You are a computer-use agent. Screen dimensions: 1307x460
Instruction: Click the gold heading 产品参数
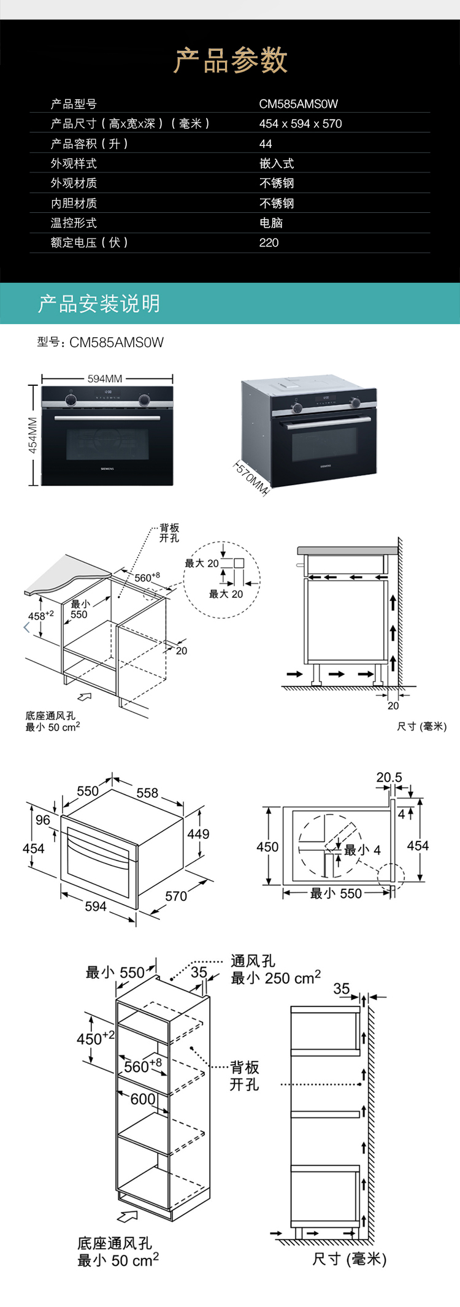(x=230, y=60)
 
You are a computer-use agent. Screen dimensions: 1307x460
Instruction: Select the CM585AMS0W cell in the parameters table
(x=298, y=104)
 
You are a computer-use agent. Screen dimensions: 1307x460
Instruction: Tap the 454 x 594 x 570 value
(x=300, y=124)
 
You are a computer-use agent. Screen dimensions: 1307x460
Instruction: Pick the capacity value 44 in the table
(x=266, y=144)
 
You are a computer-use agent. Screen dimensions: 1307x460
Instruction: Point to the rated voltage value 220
(x=269, y=243)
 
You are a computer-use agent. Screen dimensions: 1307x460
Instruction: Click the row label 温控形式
(x=74, y=223)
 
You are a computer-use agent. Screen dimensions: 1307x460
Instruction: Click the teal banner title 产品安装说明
(x=99, y=303)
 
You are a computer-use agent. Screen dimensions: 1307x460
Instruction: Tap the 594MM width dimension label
(x=105, y=378)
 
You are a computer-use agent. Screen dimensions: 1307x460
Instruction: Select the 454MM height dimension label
(x=33, y=435)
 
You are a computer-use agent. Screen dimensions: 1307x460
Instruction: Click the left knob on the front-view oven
(x=71, y=399)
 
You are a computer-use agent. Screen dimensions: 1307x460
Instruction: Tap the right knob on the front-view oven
(x=145, y=400)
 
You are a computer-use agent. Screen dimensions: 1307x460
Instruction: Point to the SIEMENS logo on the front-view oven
(x=107, y=468)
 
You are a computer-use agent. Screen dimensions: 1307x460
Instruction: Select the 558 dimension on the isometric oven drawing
(x=147, y=793)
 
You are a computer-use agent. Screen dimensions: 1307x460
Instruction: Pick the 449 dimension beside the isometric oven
(x=198, y=834)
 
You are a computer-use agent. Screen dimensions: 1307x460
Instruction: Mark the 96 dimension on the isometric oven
(x=43, y=820)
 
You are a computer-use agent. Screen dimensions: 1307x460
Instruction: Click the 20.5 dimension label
(x=389, y=778)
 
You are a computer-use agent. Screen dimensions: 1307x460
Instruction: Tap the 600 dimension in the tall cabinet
(x=143, y=1099)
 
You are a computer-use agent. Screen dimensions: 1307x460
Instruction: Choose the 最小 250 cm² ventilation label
(x=275, y=978)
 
